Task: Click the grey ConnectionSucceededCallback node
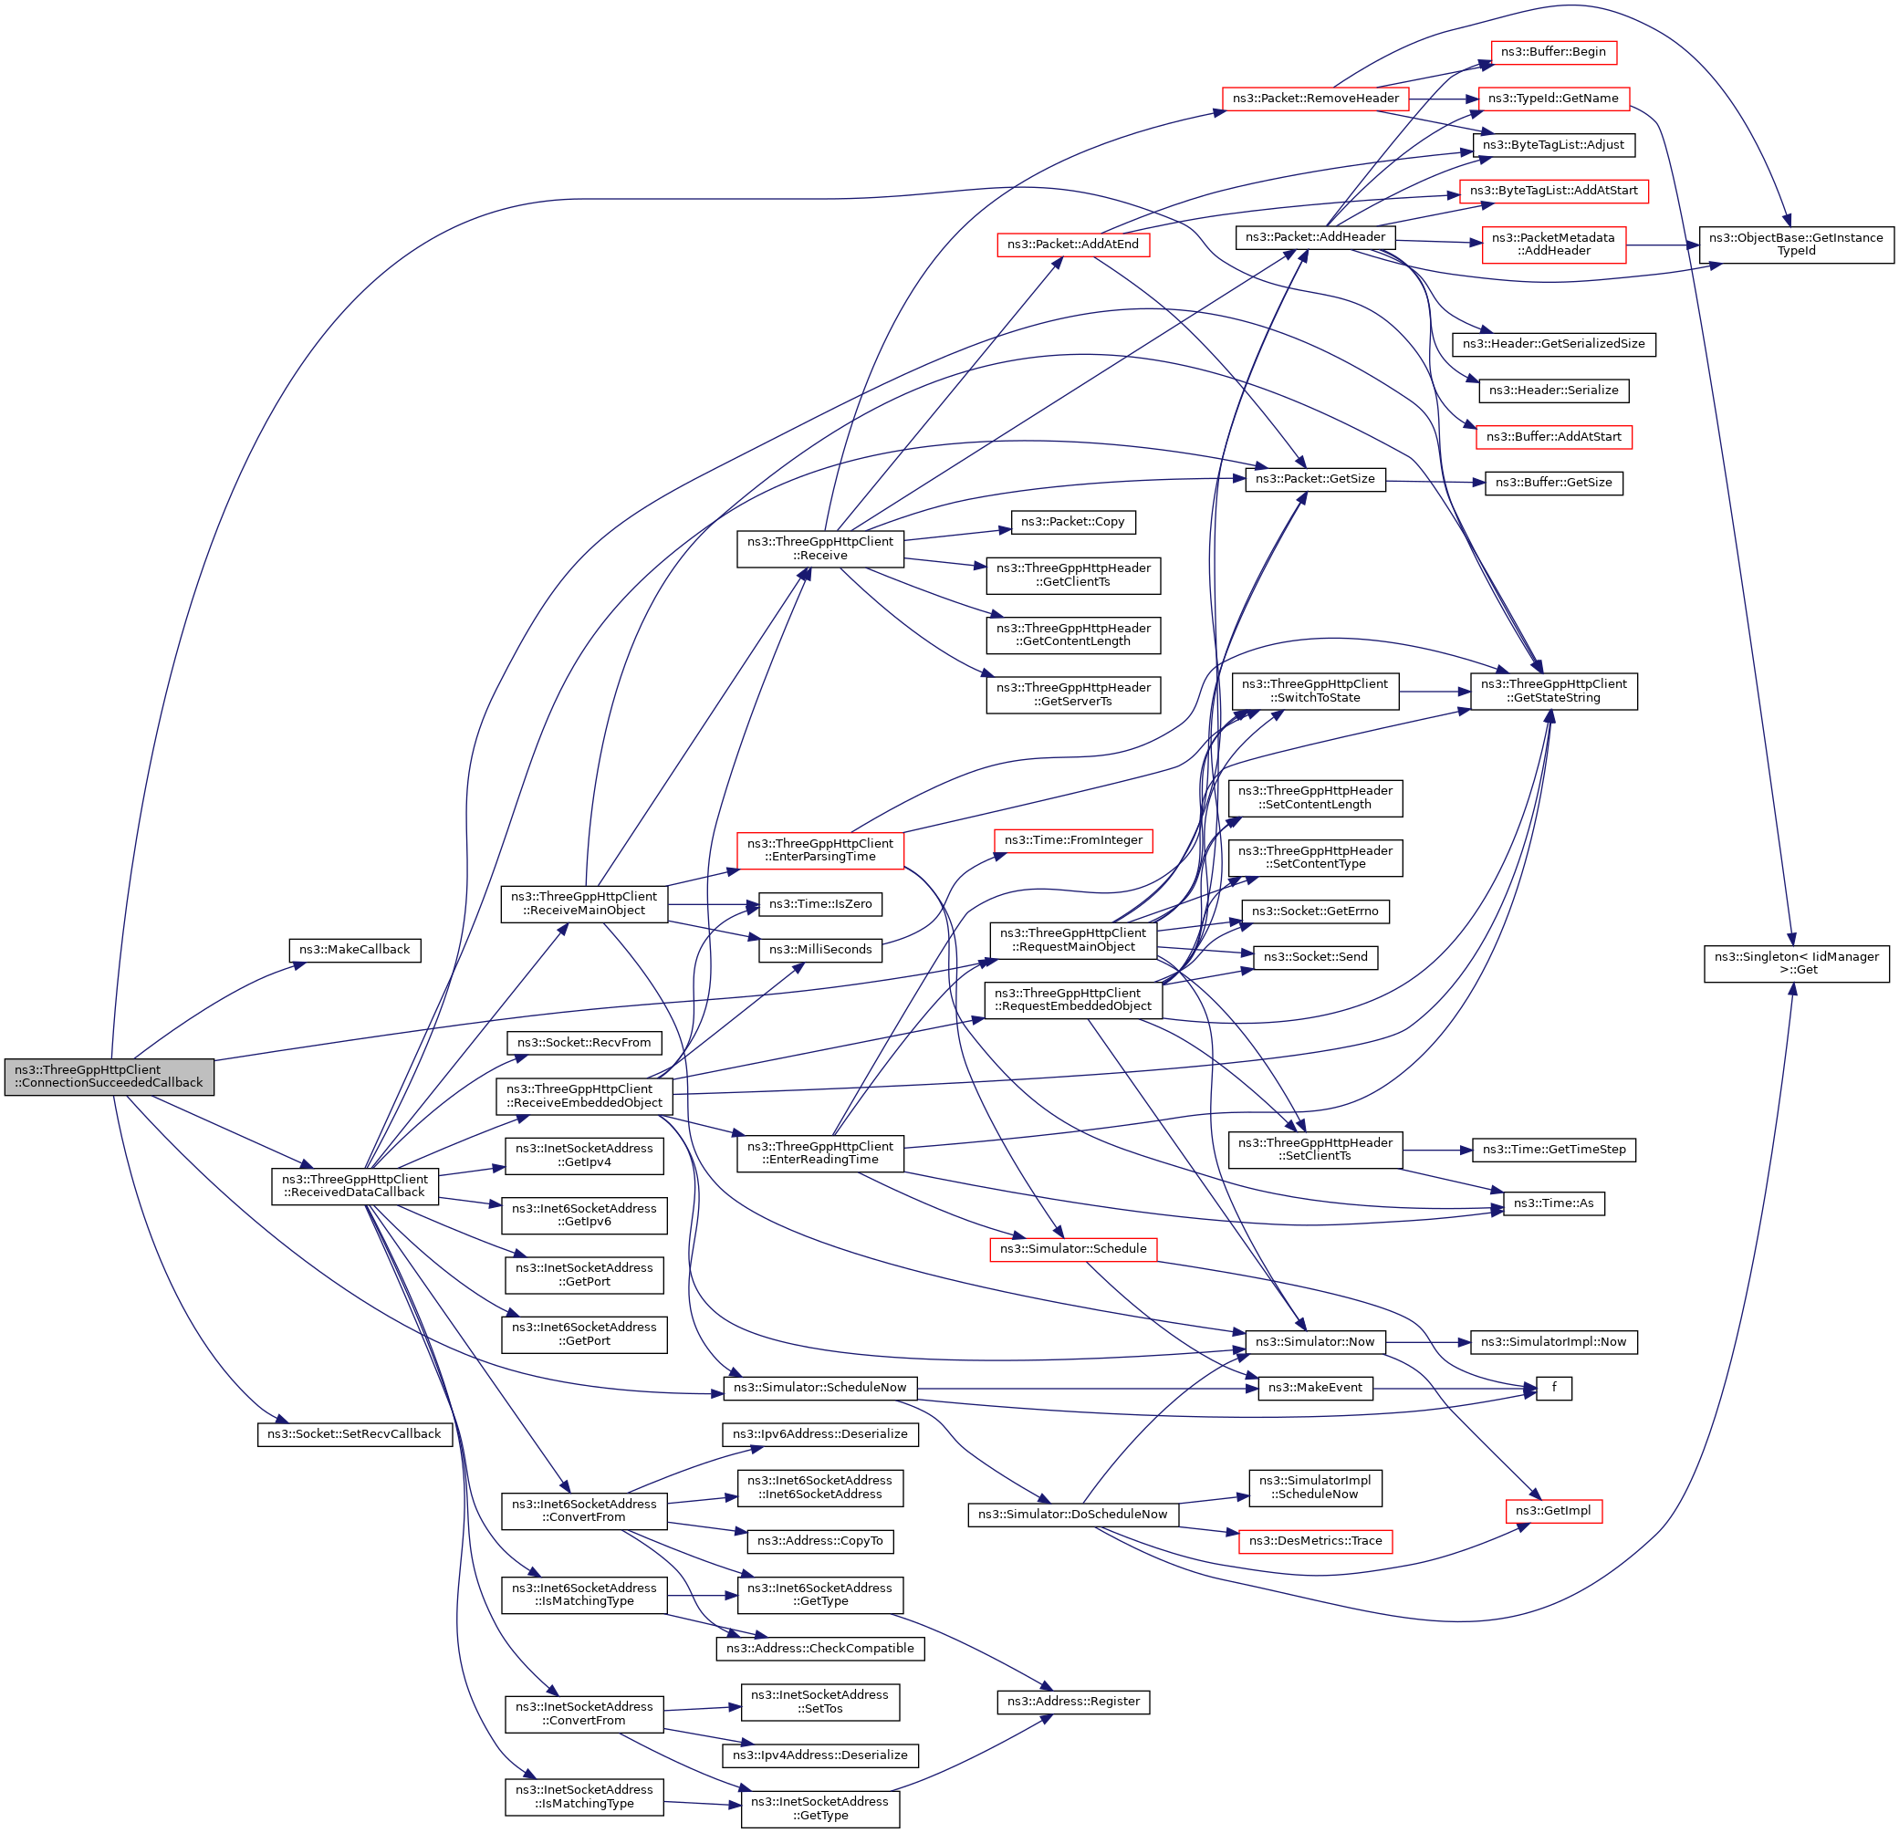[109, 1077]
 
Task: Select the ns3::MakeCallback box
[355, 950]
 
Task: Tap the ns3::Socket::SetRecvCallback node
[355, 1434]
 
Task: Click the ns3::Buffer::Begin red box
[1553, 52]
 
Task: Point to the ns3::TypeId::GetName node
[1553, 99]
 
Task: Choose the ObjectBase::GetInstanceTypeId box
[1796, 245]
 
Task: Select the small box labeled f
[1554, 1389]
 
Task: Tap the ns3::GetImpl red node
[1554, 1510]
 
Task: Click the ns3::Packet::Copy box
[1072, 522]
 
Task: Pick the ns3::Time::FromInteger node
[1073, 840]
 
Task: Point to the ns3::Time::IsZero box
[820, 904]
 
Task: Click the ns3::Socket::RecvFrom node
[584, 1043]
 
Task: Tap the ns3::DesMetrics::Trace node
[1316, 1540]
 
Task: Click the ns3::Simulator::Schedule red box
[1073, 1249]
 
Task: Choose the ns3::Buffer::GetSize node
[1554, 483]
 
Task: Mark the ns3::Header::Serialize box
[1554, 391]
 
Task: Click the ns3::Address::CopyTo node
[820, 1540]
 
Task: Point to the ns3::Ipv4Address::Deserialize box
[820, 1755]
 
